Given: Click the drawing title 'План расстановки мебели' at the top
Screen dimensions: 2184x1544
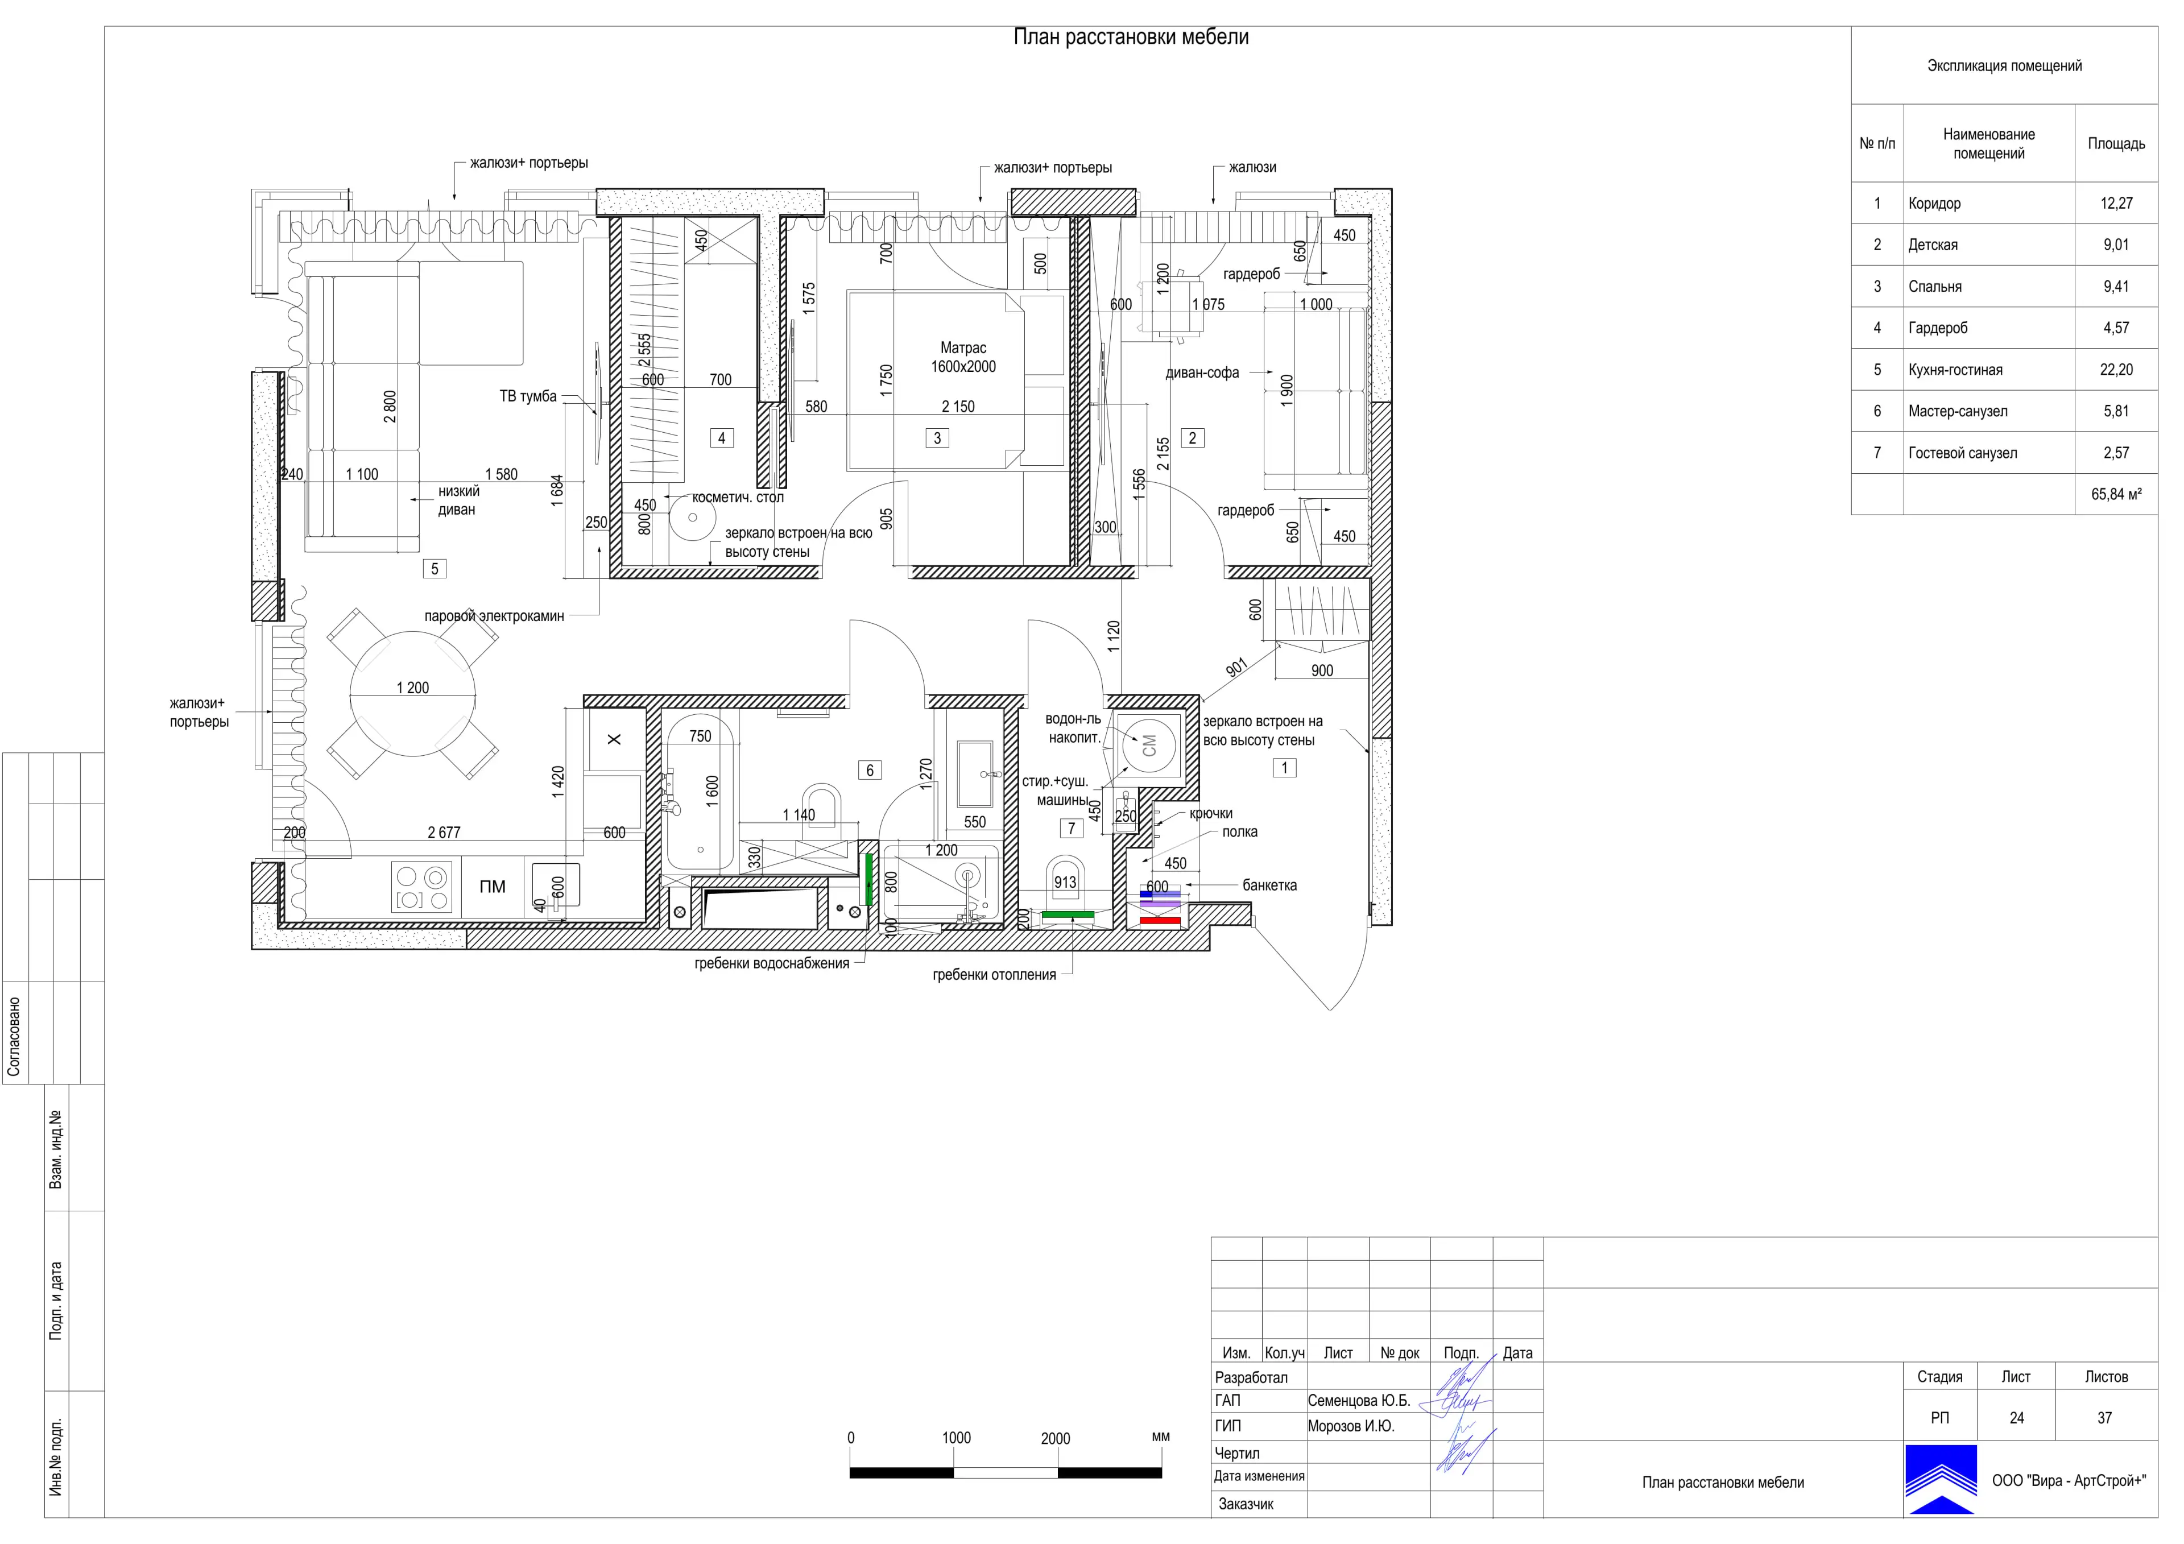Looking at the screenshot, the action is click(1131, 37).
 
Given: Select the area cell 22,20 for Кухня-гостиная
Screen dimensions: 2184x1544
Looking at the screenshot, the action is click(2116, 370).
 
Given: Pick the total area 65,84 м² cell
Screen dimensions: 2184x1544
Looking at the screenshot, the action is click(2116, 495).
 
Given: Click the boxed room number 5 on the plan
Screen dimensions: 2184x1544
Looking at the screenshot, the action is click(435, 569).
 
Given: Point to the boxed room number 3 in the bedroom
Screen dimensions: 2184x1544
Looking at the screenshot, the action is click(937, 438).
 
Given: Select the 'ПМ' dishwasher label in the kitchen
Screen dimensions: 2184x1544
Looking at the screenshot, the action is click(493, 887).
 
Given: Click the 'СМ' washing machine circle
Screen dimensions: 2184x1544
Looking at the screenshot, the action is click(1149, 745).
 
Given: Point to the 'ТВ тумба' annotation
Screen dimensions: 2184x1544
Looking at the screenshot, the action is click(528, 397).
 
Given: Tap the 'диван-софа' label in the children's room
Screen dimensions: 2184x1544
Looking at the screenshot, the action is click(1202, 373).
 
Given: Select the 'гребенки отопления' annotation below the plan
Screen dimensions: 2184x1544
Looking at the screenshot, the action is click(994, 975).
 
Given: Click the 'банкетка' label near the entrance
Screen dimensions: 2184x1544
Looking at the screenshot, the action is click(1269, 885).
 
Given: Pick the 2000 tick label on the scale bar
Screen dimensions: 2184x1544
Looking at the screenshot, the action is click(1055, 1438).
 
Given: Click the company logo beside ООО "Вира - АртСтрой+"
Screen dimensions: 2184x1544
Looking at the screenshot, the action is click(1941, 1479).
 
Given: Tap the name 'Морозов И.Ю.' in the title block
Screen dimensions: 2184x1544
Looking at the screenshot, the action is click(1351, 1426).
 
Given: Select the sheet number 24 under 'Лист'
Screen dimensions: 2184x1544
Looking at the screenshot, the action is click(2017, 1418).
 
